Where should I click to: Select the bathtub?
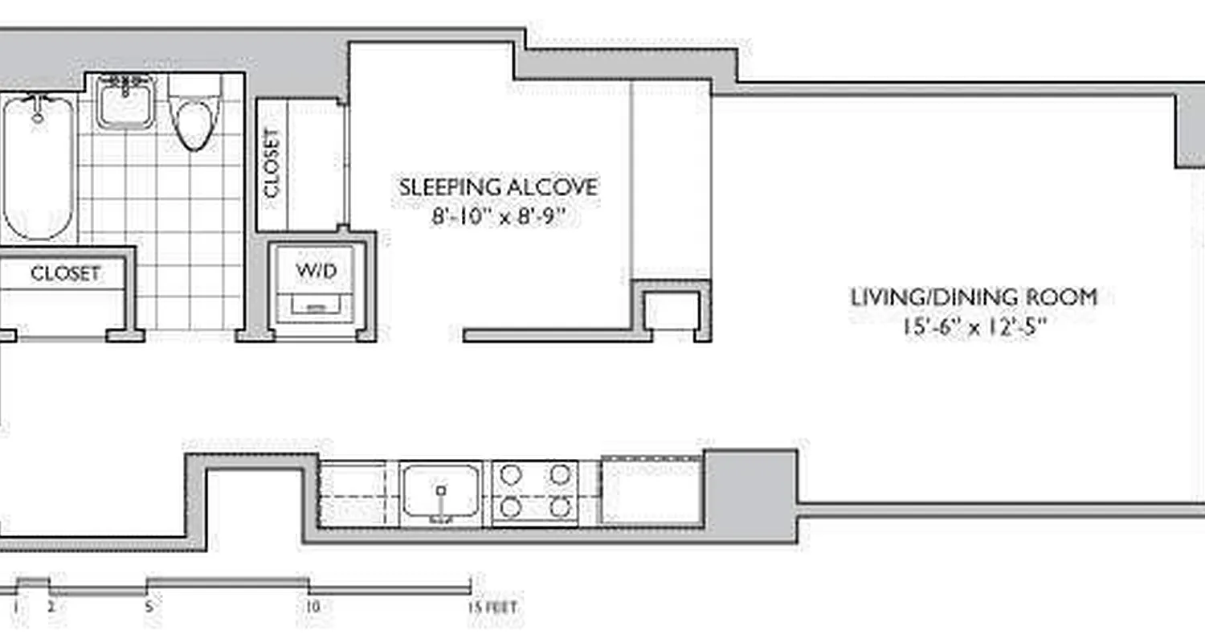coord(38,169)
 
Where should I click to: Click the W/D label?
coord(317,271)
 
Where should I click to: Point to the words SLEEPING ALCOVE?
coord(499,188)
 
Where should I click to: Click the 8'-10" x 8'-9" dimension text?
coord(504,217)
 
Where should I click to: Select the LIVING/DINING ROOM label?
coord(974,297)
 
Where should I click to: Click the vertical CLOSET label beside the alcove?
coord(272,163)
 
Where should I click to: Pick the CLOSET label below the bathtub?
coord(66,274)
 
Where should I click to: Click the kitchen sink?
coord(440,491)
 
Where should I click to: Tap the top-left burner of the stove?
coord(509,474)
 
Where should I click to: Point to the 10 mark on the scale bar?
coord(312,606)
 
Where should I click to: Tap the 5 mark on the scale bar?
coord(149,606)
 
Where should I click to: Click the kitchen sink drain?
coord(440,489)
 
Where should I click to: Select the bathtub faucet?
coord(37,109)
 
